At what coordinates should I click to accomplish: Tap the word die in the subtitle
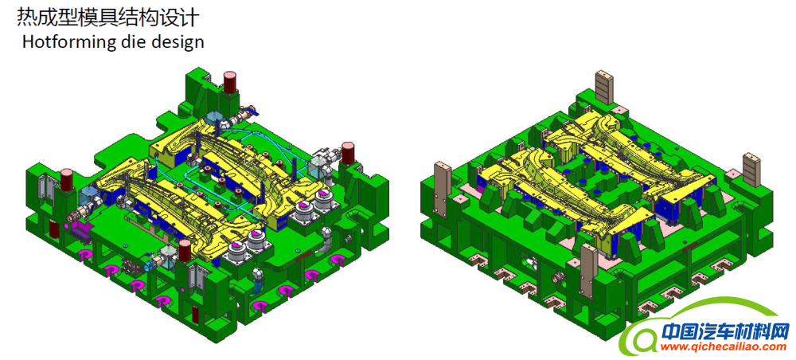click(119, 41)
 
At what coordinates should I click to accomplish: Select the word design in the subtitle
click(171, 43)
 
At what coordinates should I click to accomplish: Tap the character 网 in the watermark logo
click(777, 331)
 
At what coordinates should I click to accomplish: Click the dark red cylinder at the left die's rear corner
click(230, 82)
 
